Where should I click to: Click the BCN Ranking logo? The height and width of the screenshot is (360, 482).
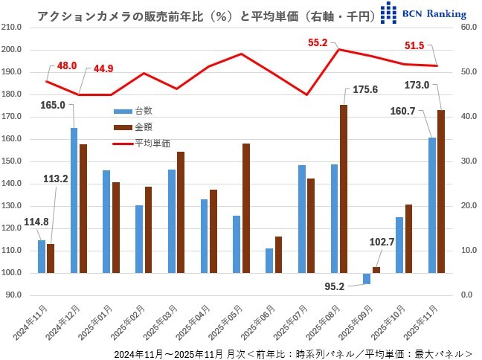pos(422,13)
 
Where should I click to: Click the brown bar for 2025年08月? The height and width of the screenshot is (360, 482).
pos(343,189)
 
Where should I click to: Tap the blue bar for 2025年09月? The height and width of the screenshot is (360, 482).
pos(367,278)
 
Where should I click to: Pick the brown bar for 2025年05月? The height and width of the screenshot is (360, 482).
pos(245,208)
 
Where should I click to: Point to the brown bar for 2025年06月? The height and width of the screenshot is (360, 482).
pos(278,254)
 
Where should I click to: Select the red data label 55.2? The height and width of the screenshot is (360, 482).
pos(318,43)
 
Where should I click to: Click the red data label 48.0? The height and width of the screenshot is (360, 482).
pos(67,66)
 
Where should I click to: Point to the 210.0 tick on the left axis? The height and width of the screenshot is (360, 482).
pos(13,28)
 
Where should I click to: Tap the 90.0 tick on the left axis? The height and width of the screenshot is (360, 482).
pos(15,295)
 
